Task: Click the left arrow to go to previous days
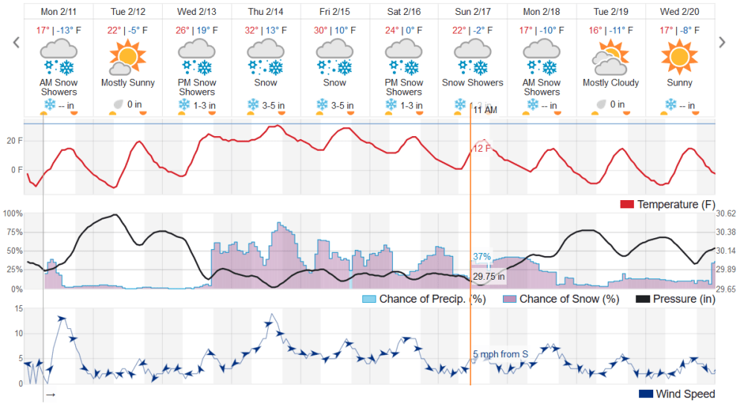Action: point(16,42)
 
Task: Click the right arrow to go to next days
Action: point(721,42)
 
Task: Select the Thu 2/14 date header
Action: point(266,12)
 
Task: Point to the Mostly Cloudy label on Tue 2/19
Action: point(610,83)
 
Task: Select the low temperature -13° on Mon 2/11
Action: point(68,31)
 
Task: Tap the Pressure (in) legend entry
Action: point(675,299)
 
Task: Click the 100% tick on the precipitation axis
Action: point(13,214)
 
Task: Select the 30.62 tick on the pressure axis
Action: point(725,214)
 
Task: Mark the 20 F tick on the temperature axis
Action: point(13,141)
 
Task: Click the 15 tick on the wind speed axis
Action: point(18,309)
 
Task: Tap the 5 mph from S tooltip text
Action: point(500,354)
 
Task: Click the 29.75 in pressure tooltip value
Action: point(489,277)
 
